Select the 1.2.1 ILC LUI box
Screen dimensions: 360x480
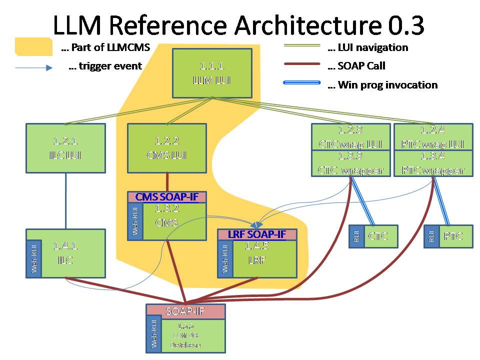pyautogui.click(x=65, y=148)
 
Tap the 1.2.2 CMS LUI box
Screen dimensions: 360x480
pyautogui.click(x=166, y=148)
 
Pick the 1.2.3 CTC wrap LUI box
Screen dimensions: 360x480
pyautogui.click(x=350, y=136)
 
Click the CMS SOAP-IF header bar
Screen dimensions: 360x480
pyautogui.click(x=167, y=197)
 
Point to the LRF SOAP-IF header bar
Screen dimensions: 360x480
pyautogui.click(x=257, y=234)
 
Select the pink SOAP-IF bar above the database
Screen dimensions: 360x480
pyautogui.click(x=185, y=311)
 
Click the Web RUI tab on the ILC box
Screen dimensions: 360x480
pyautogui.click(x=34, y=253)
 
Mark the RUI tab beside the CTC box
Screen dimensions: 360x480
pyautogui.click(x=356, y=236)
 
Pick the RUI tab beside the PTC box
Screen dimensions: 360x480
pyautogui.click(x=431, y=236)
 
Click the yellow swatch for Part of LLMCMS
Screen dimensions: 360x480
pyautogui.click(x=33, y=46)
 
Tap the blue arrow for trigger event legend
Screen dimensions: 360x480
pyautogui.click(x=33, y=67)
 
